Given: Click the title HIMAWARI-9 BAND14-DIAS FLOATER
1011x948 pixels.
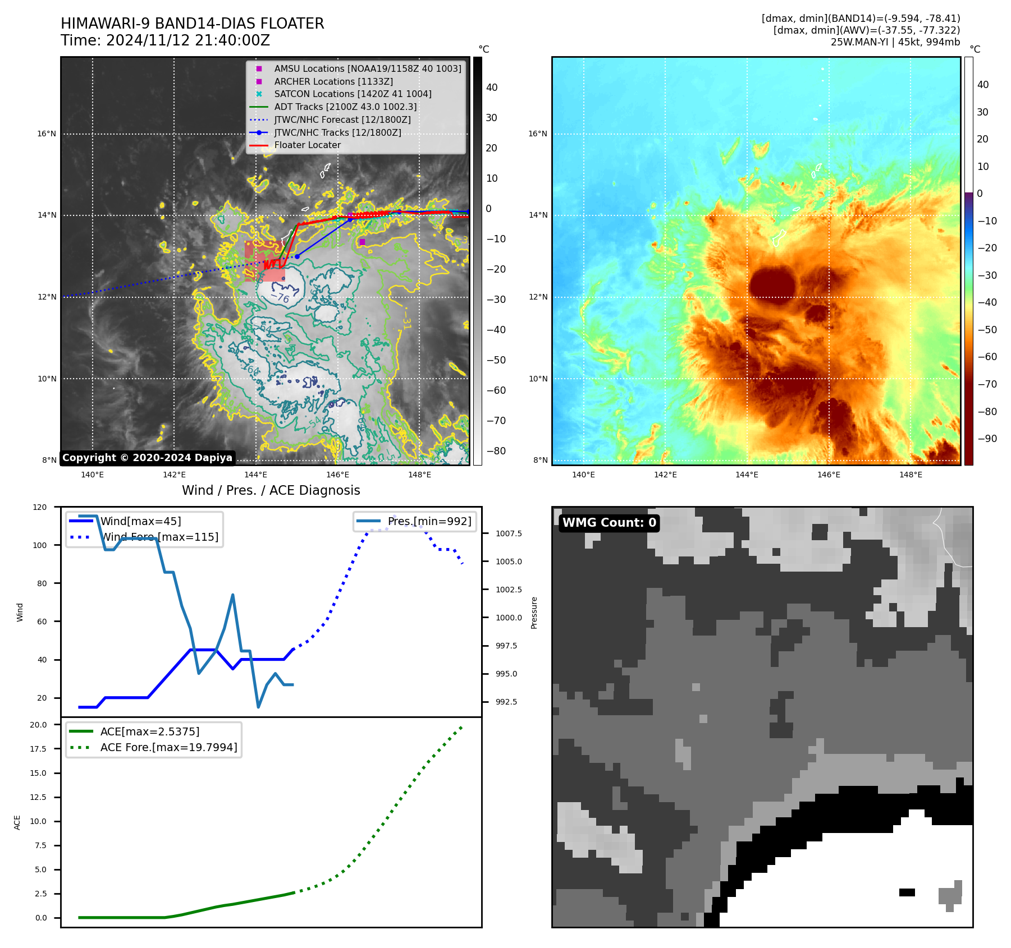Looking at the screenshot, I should (x=192, y=24).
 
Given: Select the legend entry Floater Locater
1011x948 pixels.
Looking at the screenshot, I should (x=307, y=145).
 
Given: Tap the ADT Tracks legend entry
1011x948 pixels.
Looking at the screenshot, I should (x=345, y=107).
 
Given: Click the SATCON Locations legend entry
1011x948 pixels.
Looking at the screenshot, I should (x=353, y=94).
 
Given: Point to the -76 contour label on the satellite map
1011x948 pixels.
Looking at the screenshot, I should (x=280, y=297).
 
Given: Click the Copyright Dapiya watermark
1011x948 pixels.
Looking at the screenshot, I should (x=147, y=458).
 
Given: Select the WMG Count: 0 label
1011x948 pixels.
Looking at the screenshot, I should (x=609, y=523).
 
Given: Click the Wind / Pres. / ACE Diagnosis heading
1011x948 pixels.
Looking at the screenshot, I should (x=271, y=490).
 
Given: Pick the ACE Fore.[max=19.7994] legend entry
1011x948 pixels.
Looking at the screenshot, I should (x=168, y=747).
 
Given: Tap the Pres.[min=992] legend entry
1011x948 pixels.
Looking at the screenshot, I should (x=429, y=521).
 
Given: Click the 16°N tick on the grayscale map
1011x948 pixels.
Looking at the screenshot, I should (x=47, y=134).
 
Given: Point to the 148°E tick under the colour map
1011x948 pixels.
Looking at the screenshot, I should (x=911, y=475).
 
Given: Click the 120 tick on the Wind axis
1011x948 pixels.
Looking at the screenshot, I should (x=40, y=507).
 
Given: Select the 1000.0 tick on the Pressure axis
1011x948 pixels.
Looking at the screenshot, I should (x=508, y=618).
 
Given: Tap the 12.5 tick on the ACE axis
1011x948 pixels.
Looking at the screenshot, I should (x=38, y=797).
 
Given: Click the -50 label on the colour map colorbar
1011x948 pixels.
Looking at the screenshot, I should (x=987, y=330).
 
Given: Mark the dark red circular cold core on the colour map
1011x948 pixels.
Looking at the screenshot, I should (x=772, y=284).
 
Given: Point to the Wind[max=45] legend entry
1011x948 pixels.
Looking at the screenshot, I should (x=140, y=521).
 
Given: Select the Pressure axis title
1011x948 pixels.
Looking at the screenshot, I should (x=534, y=613).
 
